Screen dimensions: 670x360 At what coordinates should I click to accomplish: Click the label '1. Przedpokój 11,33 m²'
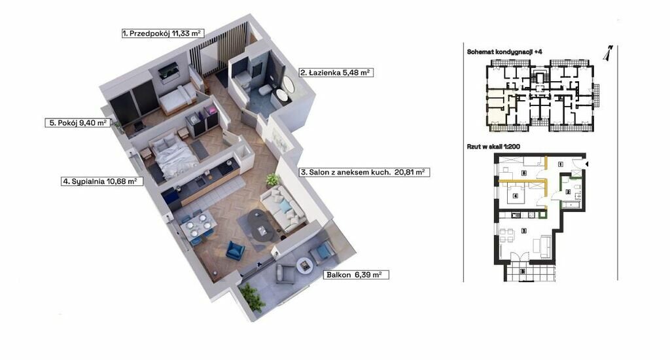(162, 33)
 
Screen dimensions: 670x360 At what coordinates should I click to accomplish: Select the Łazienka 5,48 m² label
(336, 73)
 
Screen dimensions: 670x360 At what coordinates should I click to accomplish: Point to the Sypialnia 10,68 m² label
(101, 181)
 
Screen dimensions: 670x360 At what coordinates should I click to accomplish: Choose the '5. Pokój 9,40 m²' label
(78, 122)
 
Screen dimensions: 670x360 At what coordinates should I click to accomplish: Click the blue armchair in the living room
(235, 250)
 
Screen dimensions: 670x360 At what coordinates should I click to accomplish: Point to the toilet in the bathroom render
(264, 89)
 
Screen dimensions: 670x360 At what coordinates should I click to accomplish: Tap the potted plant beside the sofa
(272, 179)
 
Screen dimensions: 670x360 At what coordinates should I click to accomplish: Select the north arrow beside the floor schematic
(608, 52)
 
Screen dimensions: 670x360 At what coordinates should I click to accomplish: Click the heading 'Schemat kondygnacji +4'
(504, 52)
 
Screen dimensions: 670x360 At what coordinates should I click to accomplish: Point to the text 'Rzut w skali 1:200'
(493, 146)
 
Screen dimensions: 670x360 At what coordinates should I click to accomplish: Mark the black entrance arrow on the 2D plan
(587, 164)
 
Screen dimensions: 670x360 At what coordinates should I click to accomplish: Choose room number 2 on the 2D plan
(568, 192)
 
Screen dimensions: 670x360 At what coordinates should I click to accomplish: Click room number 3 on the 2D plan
(523, 231)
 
